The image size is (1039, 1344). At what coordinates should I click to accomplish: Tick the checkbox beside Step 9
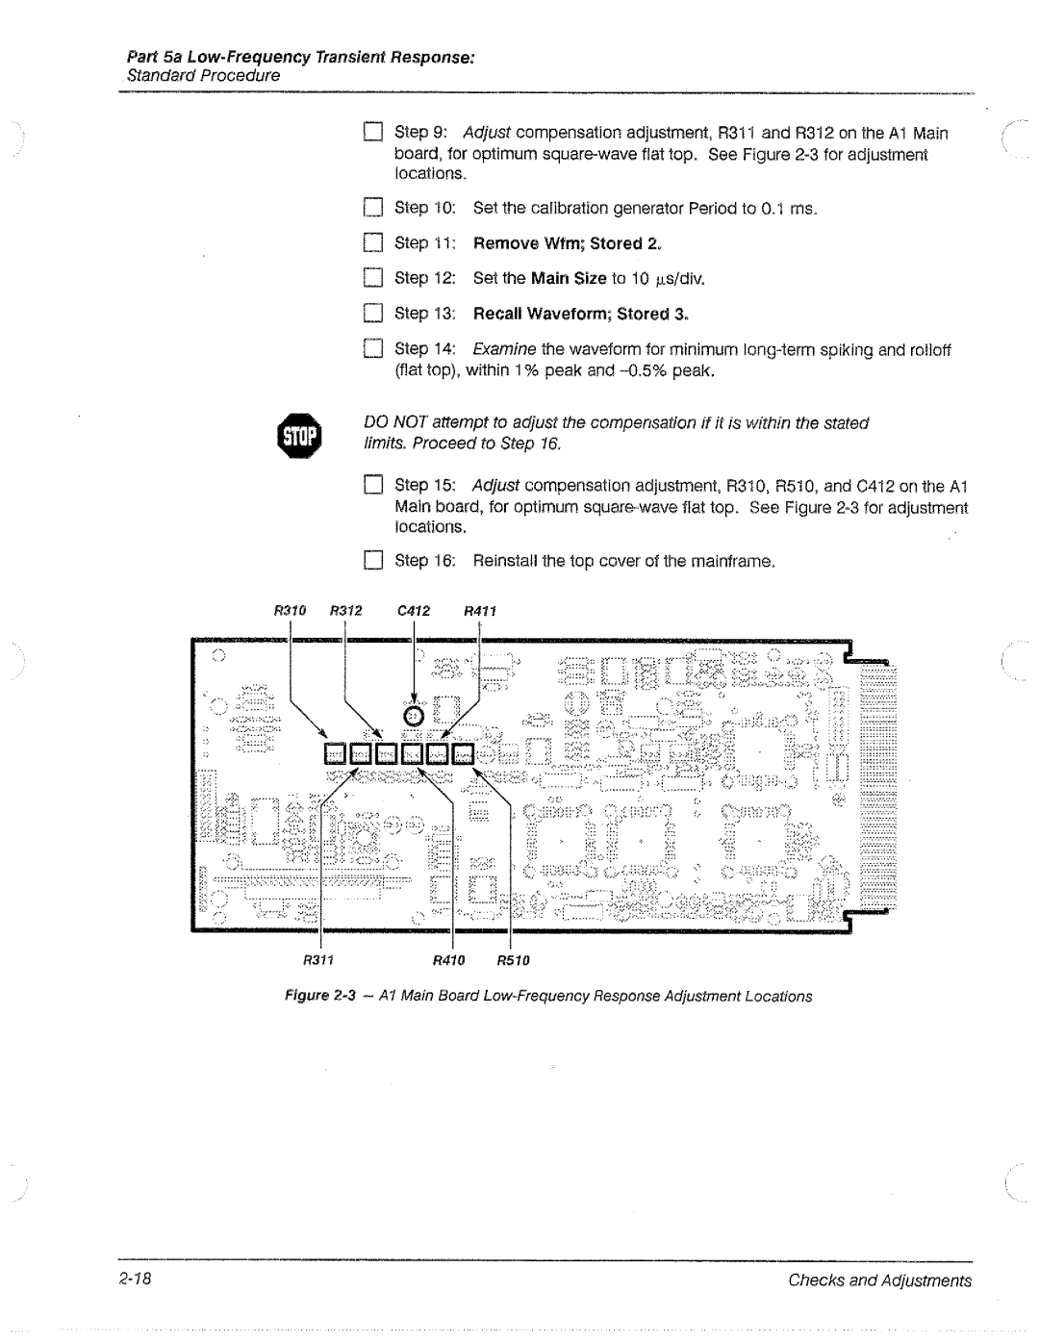point(373,133)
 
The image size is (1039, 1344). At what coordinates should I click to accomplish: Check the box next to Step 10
point(373,209)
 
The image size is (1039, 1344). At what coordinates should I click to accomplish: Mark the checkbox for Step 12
point(373,279)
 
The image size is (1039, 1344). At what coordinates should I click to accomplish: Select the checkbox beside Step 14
point(373,350)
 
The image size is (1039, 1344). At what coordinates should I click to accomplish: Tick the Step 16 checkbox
point(373,561)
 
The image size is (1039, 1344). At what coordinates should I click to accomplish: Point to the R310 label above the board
point(290,610)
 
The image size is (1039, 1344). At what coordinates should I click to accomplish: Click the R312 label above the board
point(345,610)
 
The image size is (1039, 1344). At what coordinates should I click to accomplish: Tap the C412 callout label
point(413,610)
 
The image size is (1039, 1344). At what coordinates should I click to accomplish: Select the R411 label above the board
point(479,610)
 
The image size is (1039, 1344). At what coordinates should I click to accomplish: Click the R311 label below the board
point(318,960)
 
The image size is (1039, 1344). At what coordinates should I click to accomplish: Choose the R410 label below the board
point(449,960)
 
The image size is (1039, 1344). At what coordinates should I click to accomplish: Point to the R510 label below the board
point(514,960)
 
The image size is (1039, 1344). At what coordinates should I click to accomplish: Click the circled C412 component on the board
point(414,716)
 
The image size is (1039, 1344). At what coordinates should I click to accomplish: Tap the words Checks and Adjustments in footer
point(879,1281)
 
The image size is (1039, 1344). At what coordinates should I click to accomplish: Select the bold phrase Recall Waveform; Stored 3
point(580,314)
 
